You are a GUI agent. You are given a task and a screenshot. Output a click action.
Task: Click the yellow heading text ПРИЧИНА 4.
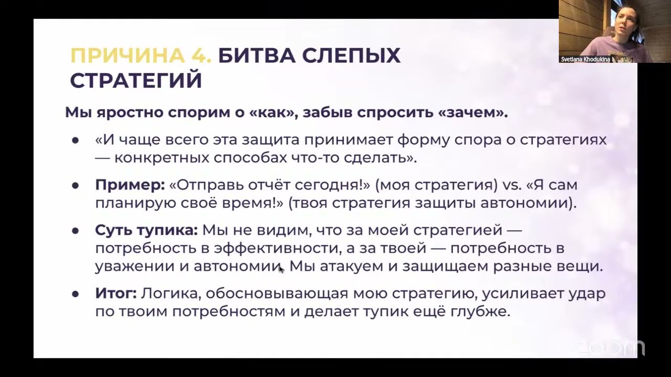click(140, 56)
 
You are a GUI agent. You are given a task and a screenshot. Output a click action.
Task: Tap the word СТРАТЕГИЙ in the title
click(136, 81)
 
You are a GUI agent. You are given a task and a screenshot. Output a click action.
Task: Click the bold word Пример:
click(130, 185)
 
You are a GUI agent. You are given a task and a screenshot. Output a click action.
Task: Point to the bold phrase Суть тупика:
click(146, 230)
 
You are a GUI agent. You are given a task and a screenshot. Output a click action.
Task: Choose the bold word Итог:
click(116, 293)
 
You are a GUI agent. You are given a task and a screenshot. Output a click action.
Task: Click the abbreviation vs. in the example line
click(515, 185)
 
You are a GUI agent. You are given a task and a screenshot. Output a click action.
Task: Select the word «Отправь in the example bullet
click(207, 185)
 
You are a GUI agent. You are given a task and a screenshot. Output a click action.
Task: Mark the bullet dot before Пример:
click(75, 185)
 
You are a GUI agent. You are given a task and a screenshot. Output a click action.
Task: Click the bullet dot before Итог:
click(75, 294)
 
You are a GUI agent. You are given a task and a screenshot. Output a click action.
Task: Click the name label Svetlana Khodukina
click(585, 59)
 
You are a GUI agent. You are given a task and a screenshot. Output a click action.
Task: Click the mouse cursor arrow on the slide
click(281, 269)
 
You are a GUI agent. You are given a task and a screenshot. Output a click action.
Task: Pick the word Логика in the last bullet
click(166, 293)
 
